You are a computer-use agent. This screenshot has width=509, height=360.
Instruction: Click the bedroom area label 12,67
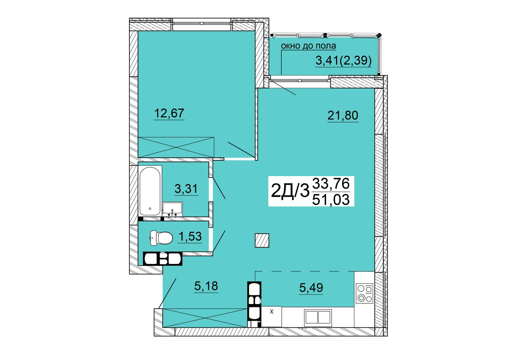coord(169,113)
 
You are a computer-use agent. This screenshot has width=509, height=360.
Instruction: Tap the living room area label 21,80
coord(343,115)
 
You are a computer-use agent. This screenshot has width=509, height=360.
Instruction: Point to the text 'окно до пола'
coord(308,46)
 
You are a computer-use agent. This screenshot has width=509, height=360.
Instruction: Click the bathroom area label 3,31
coord(186,189)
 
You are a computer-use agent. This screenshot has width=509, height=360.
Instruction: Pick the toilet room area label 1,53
coord(190,236)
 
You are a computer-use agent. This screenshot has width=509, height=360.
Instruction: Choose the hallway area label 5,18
coord(206,286)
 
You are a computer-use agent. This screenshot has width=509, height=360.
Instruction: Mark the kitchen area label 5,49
coord(311,287)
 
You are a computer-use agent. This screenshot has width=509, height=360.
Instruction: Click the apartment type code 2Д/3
coord(290,191)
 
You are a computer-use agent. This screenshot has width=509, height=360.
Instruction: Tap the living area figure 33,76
coord(331,184)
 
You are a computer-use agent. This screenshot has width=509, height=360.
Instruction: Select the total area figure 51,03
coord(331,200)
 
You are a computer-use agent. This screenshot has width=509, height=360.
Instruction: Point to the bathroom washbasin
coord(172,209)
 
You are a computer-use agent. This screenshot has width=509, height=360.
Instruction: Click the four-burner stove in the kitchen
coord(364,293)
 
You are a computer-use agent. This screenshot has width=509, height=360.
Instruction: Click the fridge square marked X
coord(272,316)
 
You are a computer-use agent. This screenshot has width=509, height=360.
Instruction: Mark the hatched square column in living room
coord(262,240)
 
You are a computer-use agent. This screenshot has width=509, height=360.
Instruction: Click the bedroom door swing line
coord(241,150)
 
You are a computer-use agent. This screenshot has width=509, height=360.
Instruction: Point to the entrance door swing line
coord(167,293)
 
